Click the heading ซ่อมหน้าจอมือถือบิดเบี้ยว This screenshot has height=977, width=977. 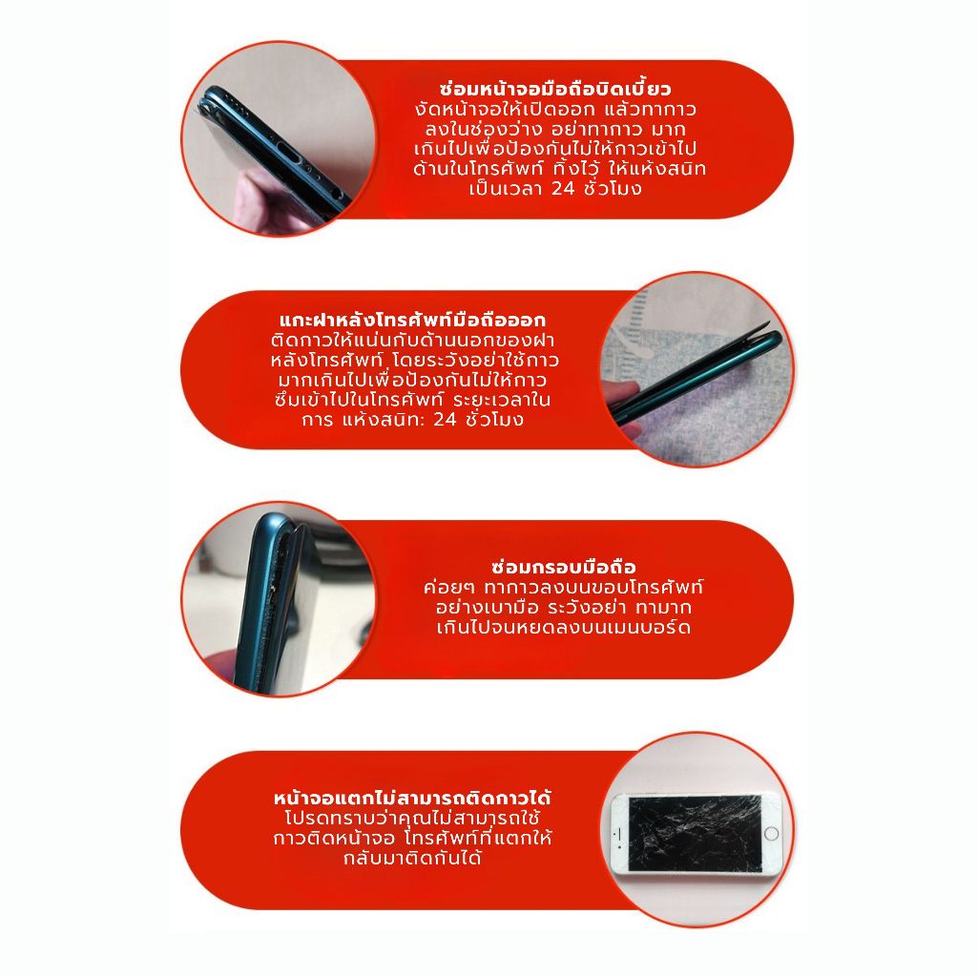pos(555,88)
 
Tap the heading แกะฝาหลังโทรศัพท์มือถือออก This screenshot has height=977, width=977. pos(412,320)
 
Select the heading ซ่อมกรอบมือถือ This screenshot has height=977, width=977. pos(563,567)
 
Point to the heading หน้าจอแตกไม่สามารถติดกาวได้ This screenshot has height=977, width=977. pos(412,798)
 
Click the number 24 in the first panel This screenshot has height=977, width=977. pos(563,188)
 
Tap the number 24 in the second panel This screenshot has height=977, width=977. pos(445,420)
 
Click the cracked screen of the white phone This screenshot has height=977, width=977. pos(695,833)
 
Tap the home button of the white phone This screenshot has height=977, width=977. pos(771,833)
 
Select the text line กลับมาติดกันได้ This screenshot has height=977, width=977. pos(412,858)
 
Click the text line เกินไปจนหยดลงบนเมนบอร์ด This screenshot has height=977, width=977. pos(563,627)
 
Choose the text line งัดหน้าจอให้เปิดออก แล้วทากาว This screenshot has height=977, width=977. pos(555,109)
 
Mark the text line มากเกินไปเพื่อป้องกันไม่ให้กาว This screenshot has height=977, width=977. pos(412,380)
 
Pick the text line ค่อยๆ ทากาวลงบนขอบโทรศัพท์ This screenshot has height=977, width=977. pos(563,587)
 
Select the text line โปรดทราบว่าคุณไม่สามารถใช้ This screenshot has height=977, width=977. pos(412,818)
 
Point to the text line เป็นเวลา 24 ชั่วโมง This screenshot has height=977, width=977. pos(555,188)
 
